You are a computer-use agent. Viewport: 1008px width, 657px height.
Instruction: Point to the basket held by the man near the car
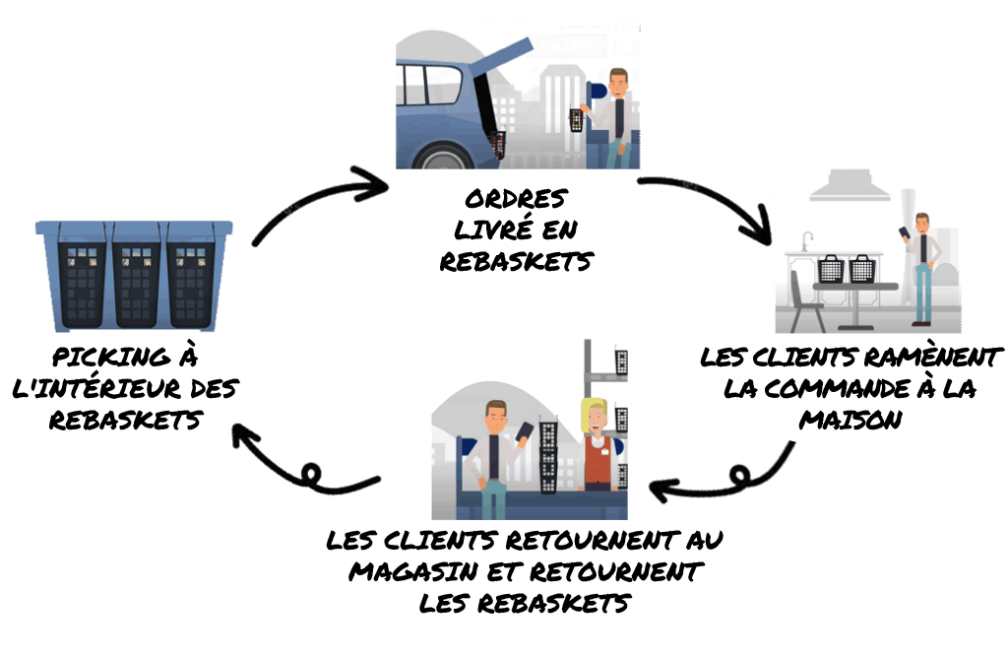577,120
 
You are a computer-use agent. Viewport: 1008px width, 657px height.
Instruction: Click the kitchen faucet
806,240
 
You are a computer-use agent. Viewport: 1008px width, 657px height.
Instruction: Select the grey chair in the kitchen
806,301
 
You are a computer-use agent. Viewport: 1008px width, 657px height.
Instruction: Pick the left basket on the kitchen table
832,268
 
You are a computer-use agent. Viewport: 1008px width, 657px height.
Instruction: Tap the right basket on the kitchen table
862,267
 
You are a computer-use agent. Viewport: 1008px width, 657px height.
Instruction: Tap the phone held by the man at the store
526,430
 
